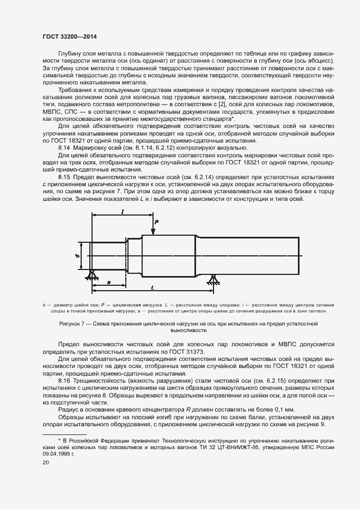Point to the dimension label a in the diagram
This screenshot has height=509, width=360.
[109, 281]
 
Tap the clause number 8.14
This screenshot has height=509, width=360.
[64, 148]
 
